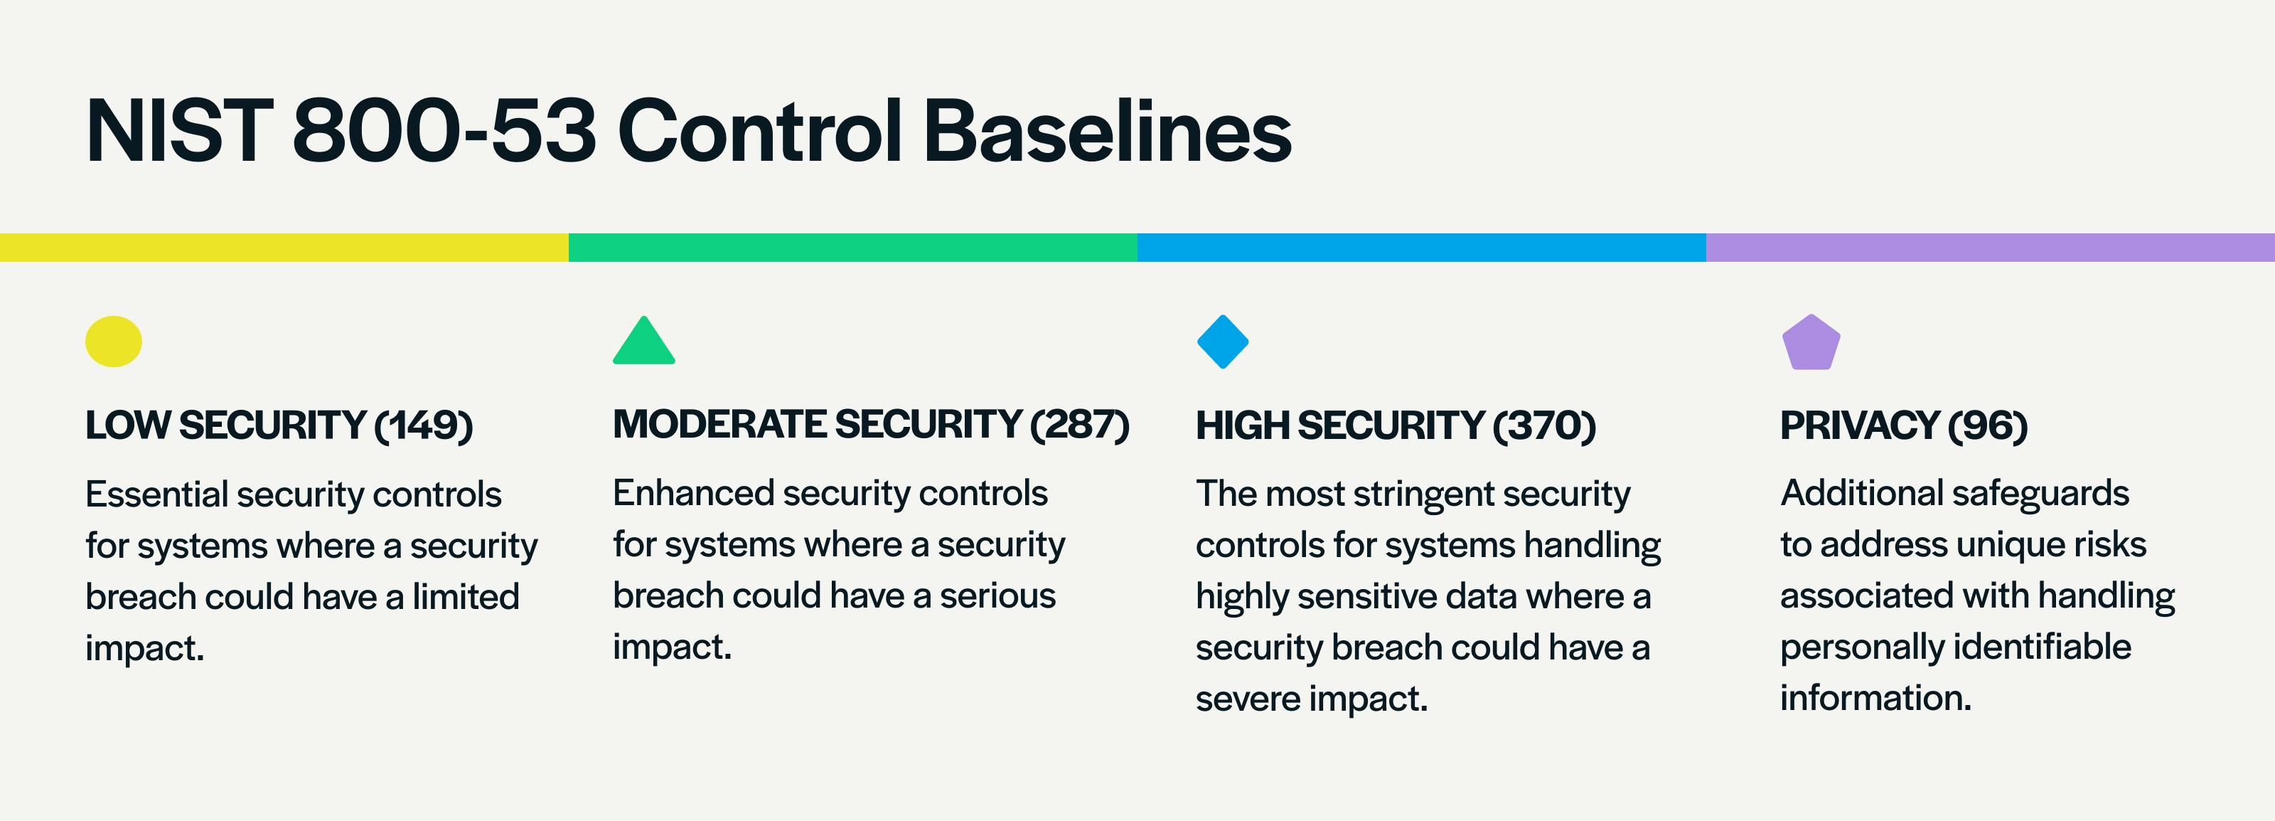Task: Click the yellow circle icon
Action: point(113,341)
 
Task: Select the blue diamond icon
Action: point(1222,341)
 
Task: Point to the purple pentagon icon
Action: point(1811,342)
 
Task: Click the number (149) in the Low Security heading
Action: point(424,425)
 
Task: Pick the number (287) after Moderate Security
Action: point(1080,424)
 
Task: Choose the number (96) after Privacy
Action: point(1988,425)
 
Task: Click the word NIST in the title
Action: point(179,132)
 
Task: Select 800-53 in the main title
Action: point(444,132)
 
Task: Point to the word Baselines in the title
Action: point(1108,132)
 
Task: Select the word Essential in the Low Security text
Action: point(156,494)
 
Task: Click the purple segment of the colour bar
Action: point(1991,248)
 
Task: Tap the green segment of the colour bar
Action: point(853,248)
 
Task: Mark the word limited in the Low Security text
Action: point(466,596)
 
